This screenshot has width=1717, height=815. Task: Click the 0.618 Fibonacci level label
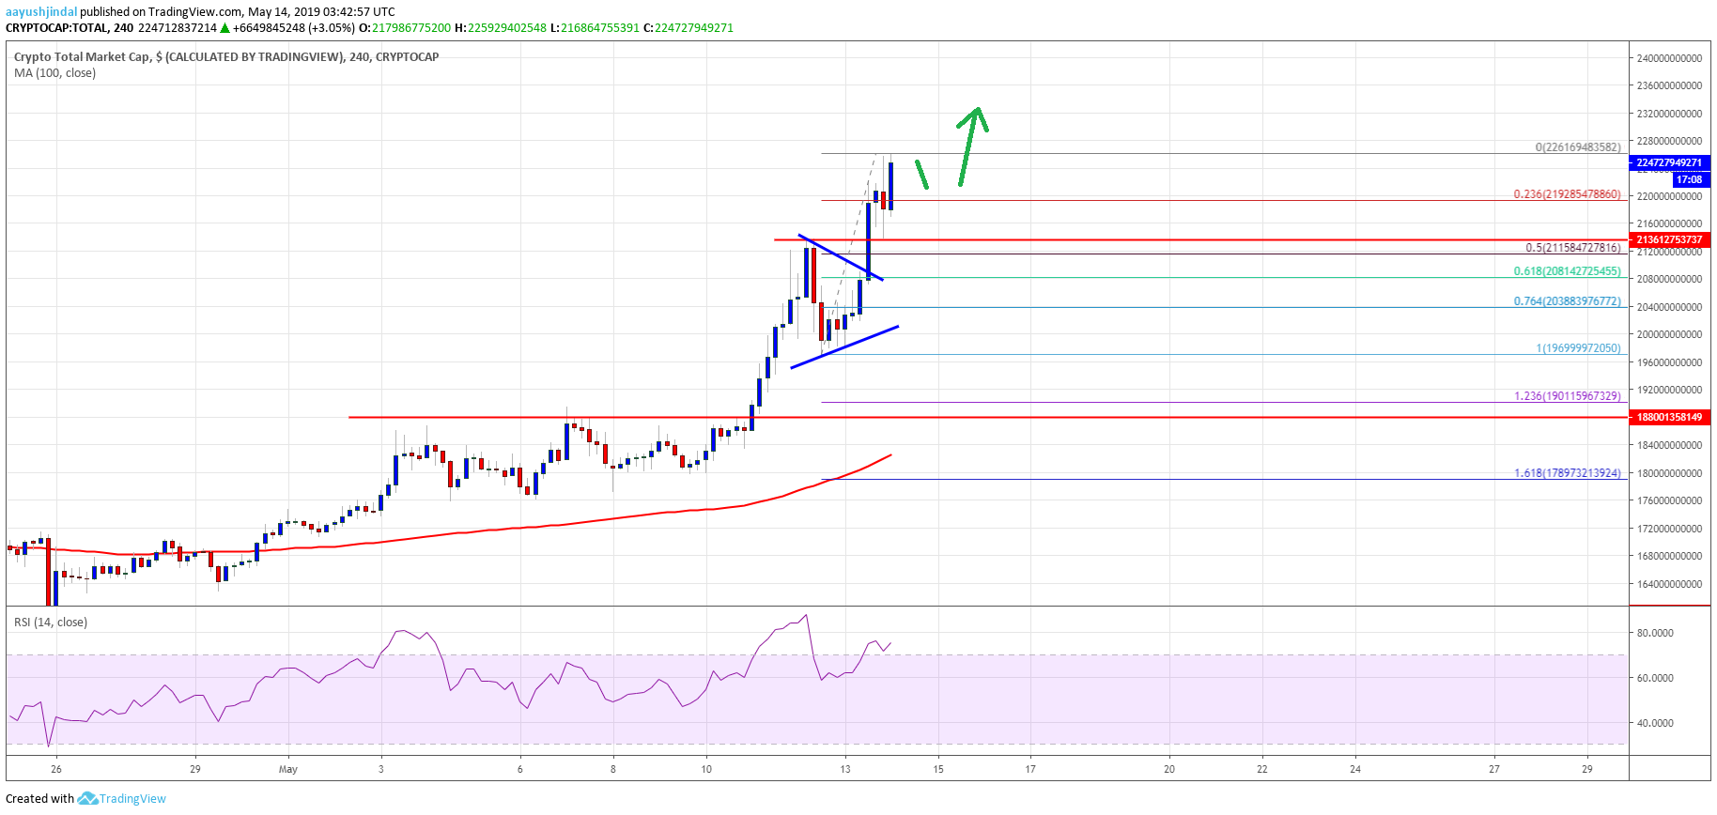pyautogui.click(x=1567, y=271)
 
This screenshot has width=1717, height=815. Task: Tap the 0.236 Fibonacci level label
pyautogui.click(x=1567, y=194)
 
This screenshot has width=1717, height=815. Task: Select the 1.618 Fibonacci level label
pyautogui.click(x=1567, y=473)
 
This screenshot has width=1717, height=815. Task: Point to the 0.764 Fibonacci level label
pyautogui.click(x=1567, y=301)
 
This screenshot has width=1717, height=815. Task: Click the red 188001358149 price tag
pyautogui.click(x=1669, y=417)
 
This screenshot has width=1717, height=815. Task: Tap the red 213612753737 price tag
pyautogui.click(x=1669, y=239)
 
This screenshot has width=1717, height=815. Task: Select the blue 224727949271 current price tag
pyautogui.click(x=1669, y=162)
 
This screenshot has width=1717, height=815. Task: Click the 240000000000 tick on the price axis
pyautogui.click(x=1669, y=58)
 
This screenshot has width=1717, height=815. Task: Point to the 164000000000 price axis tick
pyautogui.click(x=1669, y=584)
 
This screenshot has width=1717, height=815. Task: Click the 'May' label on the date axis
pyautogui.click(x=288, y=769)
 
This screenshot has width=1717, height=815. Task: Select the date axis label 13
pyautogui.click(x=845, y=769)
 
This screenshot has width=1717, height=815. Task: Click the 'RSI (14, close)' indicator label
pyautogui.click(x=51, y=623)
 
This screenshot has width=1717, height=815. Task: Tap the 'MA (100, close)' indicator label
pyautogui.click(x=54, y=73)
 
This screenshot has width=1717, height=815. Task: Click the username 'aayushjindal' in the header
pyautogui.click(x=41, y=12)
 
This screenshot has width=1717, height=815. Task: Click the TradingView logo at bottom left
pyautogui.click(x=122, y=799)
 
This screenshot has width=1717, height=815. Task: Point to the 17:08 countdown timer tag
pyautogui.click(x=1689, y=179)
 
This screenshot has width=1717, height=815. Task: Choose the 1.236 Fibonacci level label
pyautogui.click(x=1567, y=396)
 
